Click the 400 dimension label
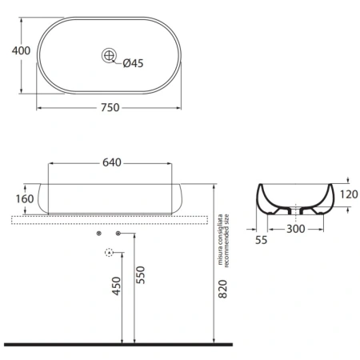(21, 50)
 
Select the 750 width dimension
(110, 107)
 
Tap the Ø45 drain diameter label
(133, 63)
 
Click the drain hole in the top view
(109, 55)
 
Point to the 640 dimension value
(112, 162)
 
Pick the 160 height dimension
(25, 198)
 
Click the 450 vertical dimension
(117, 286)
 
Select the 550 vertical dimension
(140, 275)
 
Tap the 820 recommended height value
(222, 289)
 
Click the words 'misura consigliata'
(220, 239)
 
